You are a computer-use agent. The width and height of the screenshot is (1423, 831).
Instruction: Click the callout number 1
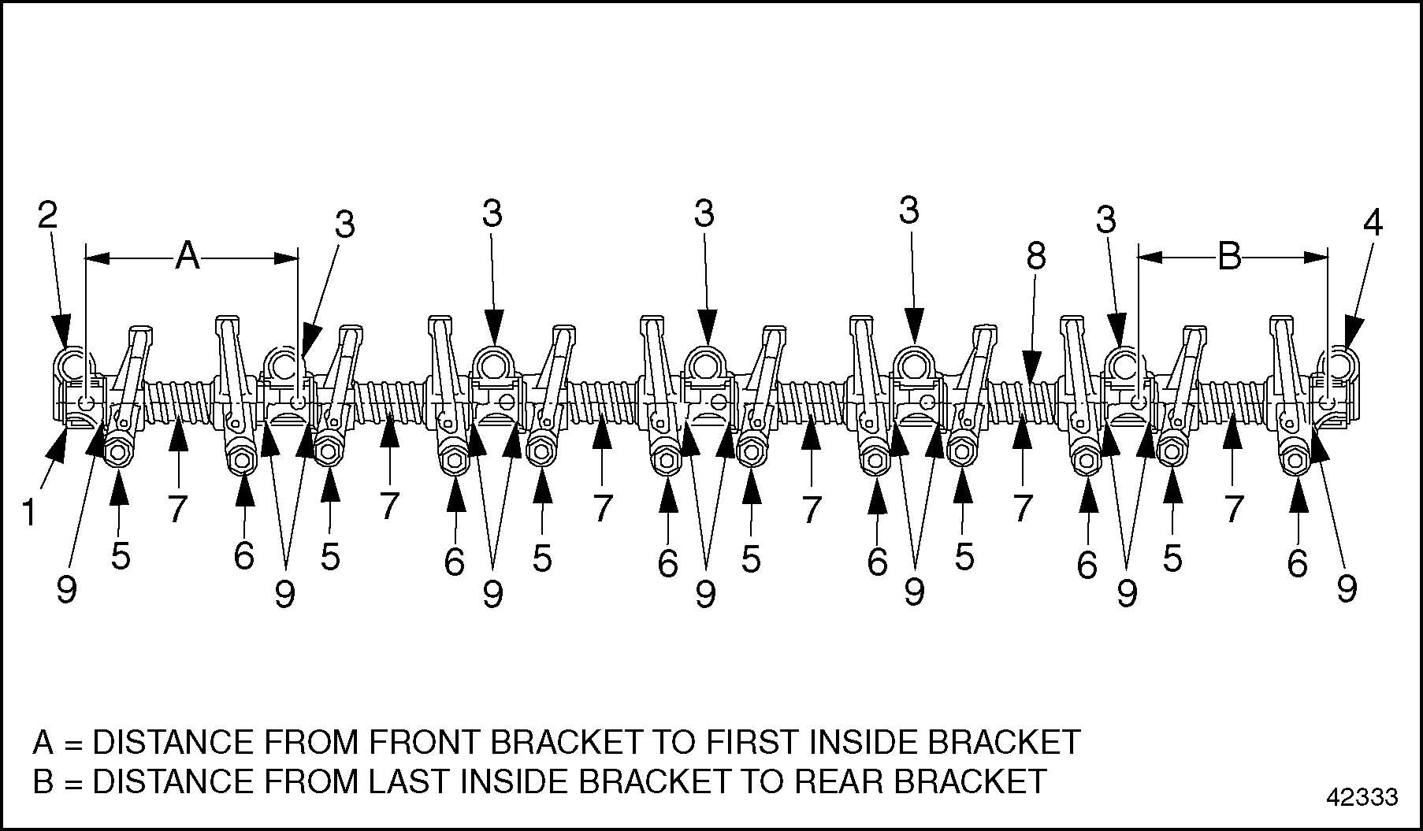(x=29, y=513)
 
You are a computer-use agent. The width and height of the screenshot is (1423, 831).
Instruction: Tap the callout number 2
(x=49, y=215)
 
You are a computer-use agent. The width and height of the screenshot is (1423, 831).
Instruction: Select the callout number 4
(x=1372, y=224)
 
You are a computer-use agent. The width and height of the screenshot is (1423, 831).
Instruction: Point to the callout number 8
(x=1035, y=256)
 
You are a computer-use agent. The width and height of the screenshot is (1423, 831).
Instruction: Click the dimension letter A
(x=188, y=256)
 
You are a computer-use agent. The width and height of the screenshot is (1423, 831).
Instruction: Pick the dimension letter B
(x=1230, y=256)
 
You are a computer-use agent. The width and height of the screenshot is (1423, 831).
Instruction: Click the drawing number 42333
(x=1361, y=797)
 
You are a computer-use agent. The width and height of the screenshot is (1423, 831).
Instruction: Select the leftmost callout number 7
(x=178, y=510)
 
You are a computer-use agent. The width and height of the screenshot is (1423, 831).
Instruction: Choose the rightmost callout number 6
(x=1297, y=564)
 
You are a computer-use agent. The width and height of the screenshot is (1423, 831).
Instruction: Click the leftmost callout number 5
(x=120, y=557)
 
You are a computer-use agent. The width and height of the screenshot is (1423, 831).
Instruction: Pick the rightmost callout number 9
(x=1347, y=588)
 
